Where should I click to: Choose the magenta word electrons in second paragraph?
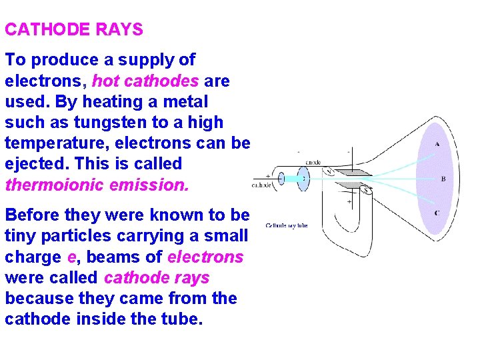206,257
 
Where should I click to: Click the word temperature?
53,143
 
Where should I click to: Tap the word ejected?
33,164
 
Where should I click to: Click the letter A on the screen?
437,144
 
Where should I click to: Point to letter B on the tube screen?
443,179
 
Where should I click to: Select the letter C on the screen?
437,213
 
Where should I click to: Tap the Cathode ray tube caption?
287,225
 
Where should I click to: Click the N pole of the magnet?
327,171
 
